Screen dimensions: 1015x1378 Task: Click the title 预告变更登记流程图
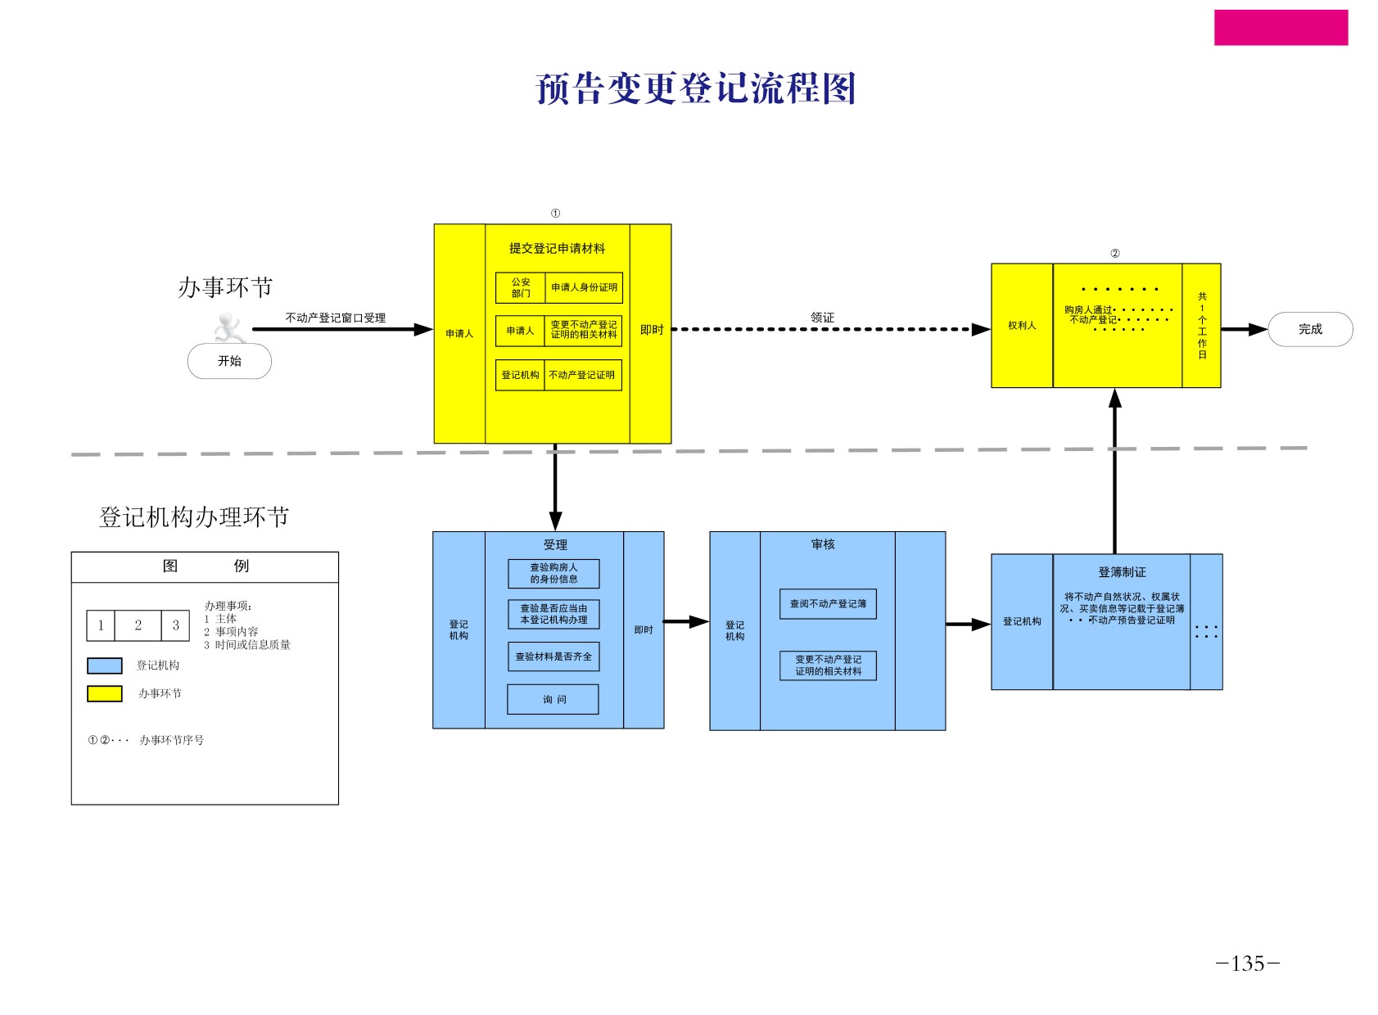point(695,88)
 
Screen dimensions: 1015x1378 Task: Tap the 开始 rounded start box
point(229,361)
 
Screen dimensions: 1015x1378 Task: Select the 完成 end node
point(1309,329)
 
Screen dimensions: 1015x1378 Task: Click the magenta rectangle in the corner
point(1280,28)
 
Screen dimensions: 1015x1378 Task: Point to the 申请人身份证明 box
point(584,287)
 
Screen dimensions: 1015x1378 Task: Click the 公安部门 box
point(520,287)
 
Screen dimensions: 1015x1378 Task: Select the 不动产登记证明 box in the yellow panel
point(582,375)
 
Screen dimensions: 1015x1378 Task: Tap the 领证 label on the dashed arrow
point(822,318)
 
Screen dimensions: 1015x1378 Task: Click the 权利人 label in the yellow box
point(1021,326)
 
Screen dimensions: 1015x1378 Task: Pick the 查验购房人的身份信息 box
point(553,573)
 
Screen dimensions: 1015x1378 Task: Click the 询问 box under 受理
point(553,699)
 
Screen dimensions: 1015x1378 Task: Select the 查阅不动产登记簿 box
point(827,604)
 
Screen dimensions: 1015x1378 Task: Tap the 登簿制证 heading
point(1121,572)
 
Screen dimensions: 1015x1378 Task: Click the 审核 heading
point(822,544)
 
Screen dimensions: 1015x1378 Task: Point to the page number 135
point(1247,963)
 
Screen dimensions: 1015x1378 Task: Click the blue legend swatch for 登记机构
point(105,665)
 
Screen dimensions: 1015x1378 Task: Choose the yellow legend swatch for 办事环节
point(105,693)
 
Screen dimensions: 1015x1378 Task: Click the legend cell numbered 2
point(138,625)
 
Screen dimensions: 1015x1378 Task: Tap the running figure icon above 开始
point(229,327)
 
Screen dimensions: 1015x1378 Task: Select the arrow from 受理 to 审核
point(685,622)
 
